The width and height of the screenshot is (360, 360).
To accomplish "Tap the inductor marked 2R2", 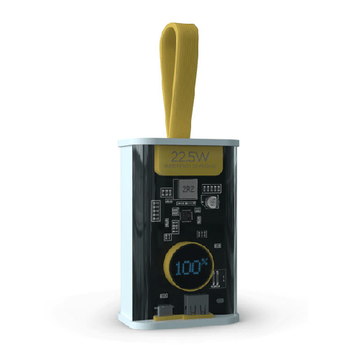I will point(188,189).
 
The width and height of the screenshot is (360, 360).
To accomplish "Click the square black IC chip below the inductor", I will point(188,215).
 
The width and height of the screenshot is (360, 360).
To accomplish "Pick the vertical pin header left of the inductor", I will point(155,211).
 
